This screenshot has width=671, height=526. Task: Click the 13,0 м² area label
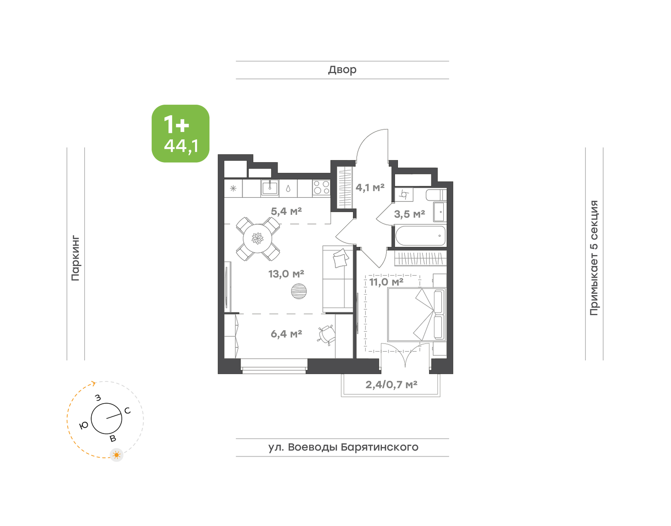point(286,274)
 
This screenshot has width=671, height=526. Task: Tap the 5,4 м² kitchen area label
point(286,211)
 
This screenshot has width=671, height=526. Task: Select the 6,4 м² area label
point(286,334)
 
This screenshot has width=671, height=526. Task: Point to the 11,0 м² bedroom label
point(386,282)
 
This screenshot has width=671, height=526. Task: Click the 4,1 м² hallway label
point(370,188)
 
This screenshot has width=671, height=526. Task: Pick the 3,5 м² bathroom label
point(410,214)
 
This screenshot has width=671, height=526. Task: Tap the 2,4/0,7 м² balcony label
point(392,385)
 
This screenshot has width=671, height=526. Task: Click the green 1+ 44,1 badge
point(180,133)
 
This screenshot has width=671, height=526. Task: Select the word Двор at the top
point(342,70)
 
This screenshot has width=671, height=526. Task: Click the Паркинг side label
point(76,258)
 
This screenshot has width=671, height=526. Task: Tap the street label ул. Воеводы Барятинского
point(343,448)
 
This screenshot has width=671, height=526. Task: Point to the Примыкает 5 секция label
point(594,258)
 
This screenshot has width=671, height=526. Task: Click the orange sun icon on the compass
point(117,455)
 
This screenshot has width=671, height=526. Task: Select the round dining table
point(257,239)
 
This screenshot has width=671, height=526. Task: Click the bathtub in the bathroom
point(420,236)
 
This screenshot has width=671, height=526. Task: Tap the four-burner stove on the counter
point(321,188)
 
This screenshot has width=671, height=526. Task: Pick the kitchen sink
point(270,188)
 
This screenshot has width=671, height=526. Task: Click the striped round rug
point(299,291)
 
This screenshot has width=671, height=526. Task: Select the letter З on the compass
point(98,398)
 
